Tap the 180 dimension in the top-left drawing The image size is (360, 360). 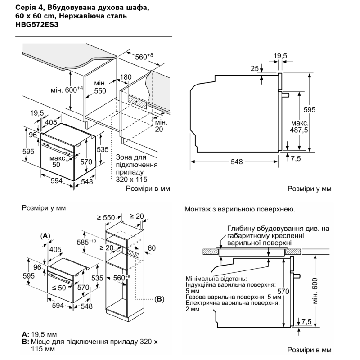(126, 77)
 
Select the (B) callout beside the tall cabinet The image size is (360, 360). (159, 298)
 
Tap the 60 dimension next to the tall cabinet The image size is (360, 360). (152, 248)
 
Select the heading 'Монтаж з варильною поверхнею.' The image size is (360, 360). (239, 209)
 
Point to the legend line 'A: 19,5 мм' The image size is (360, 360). (39, 334)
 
